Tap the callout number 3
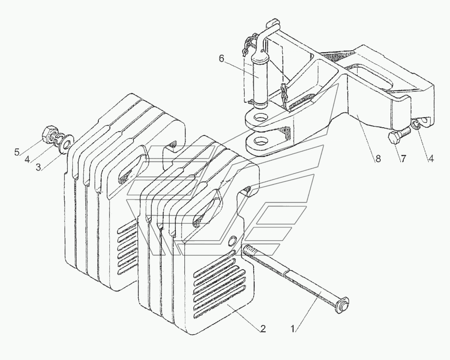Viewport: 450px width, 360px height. click(x=38, y=167)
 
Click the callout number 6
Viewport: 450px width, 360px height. click(x=221, y=59)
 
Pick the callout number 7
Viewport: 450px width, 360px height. click(x=403, y=159)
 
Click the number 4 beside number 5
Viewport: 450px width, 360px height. click(x=27, y=160)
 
